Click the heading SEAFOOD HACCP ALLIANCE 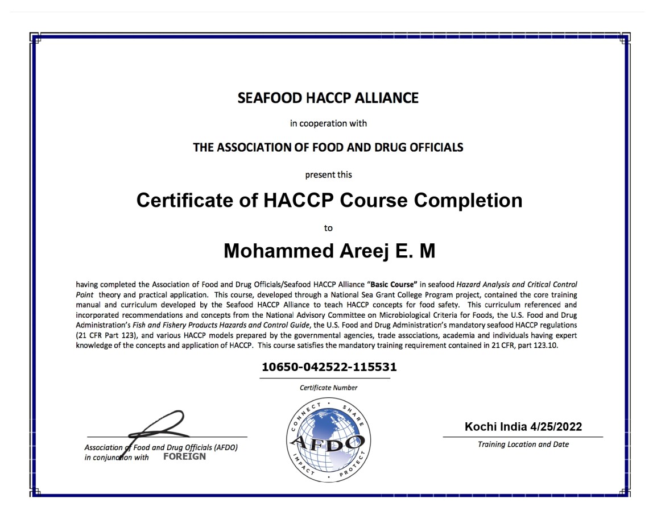(328, 98)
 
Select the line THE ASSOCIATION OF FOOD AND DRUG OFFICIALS (328, 148)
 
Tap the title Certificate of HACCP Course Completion (329, 201)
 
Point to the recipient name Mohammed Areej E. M (329, 251)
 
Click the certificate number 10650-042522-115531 (329, 367)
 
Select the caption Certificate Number (329, 388)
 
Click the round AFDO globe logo (328, 440)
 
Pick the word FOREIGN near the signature (184, 456)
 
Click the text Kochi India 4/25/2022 (523, 427)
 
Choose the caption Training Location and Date (523, 444)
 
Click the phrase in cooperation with (328, 123)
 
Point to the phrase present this (328, 174)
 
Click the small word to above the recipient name (328, 228)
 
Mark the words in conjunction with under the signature (117, 458)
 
